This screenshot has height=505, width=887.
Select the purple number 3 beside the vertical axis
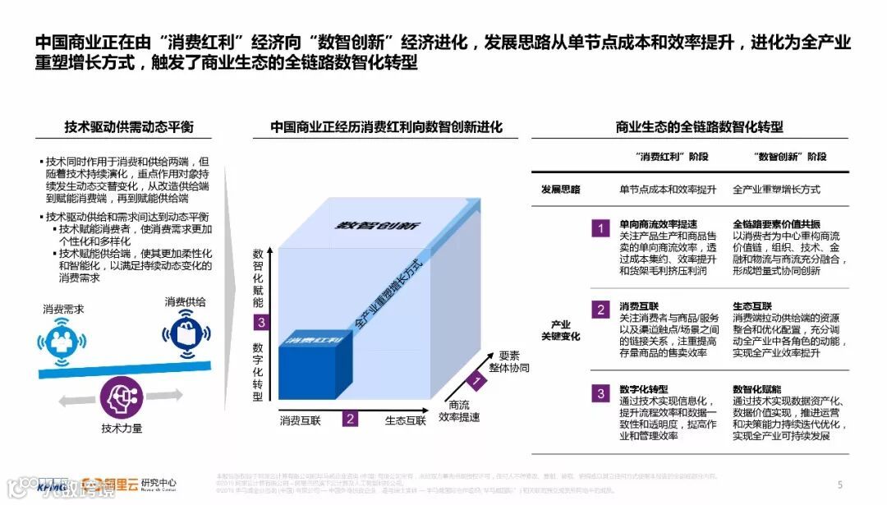(260, 323)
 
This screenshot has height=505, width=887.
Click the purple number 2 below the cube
(351, 419)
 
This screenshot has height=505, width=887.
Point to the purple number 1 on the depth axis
(474, 381)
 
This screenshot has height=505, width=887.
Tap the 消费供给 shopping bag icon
(183, 333)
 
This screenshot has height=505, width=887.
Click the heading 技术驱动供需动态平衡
(129, 127)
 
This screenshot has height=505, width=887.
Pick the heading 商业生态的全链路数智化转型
(699, 127)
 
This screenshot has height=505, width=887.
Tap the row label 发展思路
(560, 189)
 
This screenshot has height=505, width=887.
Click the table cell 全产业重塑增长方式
(776, 189)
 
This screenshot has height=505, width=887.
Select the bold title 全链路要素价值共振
(776, 223)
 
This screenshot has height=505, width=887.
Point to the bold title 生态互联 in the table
(751, 306)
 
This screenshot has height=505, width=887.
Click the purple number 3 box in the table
(601, 393)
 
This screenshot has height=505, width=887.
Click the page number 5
(839, 484)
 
